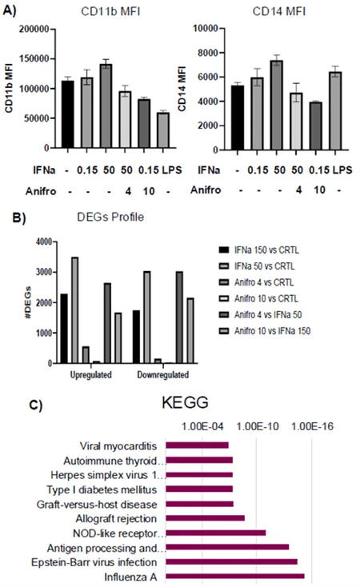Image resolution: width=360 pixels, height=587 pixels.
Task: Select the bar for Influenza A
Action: pyautogui.click(x=234, y=576)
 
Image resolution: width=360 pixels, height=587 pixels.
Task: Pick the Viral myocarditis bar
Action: pyautogui.click(x=197, y=445)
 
